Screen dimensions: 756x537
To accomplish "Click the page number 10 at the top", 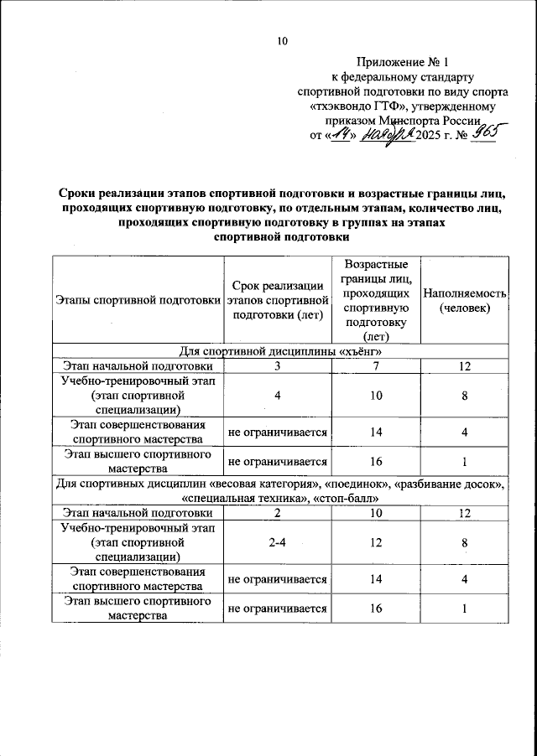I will [282, 41].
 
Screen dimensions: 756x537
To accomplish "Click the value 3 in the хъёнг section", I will [276, 366].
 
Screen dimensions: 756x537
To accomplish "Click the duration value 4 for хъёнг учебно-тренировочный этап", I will [276, 396].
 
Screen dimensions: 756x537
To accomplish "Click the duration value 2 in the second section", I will [276, 512].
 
